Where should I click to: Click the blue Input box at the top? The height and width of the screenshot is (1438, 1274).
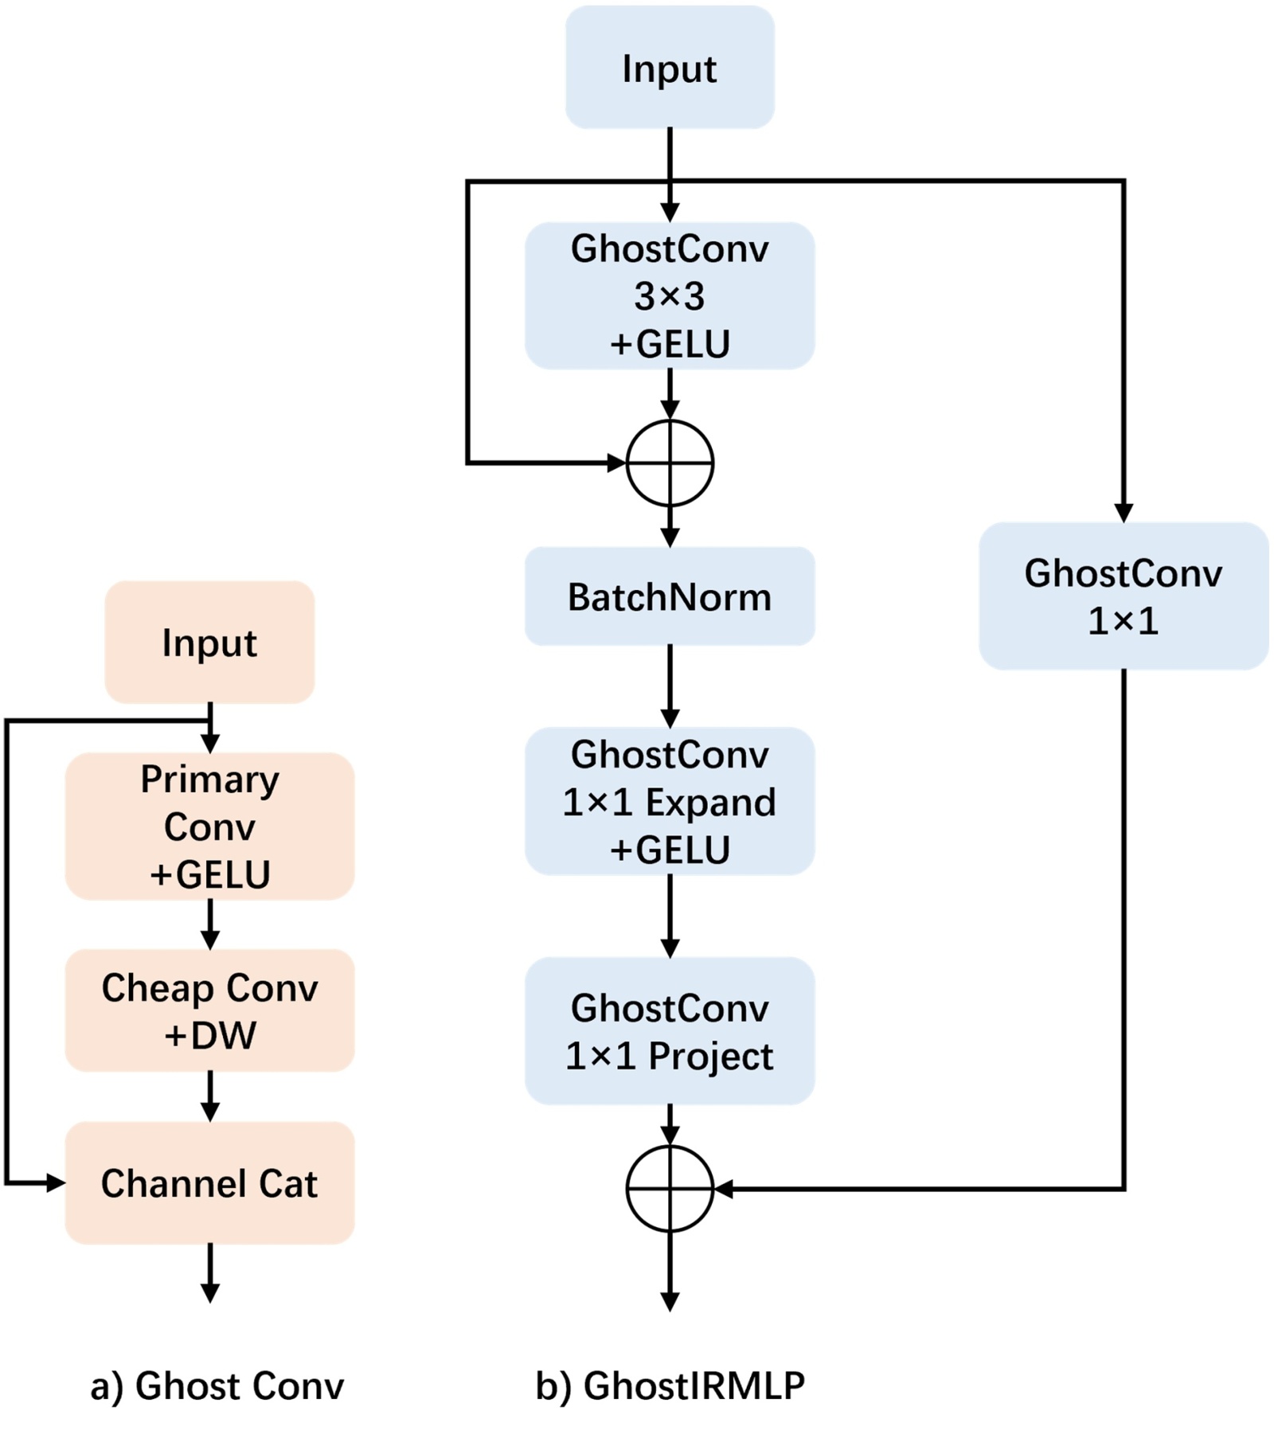click(670, 68)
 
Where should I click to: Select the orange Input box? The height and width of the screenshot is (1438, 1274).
click(209, 642)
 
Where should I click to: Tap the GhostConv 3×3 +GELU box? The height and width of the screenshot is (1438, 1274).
click(670, 295)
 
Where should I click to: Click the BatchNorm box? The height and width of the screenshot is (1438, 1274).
click(670, 596)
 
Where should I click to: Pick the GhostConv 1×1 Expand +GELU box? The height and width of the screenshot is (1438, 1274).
click(670, 801)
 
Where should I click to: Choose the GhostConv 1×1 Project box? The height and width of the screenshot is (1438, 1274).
click(670, 1031)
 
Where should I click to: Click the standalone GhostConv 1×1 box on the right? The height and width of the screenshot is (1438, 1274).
click(1123, 596)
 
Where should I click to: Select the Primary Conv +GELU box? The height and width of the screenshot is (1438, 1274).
click(209, 826)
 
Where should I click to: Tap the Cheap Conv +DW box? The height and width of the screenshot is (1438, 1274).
click(209, 1010)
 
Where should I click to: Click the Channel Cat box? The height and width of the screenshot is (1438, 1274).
click(209, 1183)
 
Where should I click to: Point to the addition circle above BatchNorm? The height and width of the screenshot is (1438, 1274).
click(670, 463)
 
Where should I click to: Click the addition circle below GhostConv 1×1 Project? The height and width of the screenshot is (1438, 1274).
click(670, 1188)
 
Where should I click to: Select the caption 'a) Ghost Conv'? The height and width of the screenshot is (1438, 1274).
click(217, 1385)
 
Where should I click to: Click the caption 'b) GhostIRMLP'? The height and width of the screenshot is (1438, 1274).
click(670, 1385)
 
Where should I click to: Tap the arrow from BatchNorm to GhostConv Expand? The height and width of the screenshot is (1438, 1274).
click(670, 686)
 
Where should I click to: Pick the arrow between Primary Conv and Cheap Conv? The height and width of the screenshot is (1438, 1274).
click(209, 924)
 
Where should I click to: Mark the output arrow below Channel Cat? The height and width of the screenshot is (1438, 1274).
click(209, 1272)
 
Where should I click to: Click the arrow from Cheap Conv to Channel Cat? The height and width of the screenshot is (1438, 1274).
click(209, 1096)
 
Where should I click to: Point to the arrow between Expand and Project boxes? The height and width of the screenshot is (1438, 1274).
click(670, 916)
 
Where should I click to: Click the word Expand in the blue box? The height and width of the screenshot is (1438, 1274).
click(710, 802)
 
